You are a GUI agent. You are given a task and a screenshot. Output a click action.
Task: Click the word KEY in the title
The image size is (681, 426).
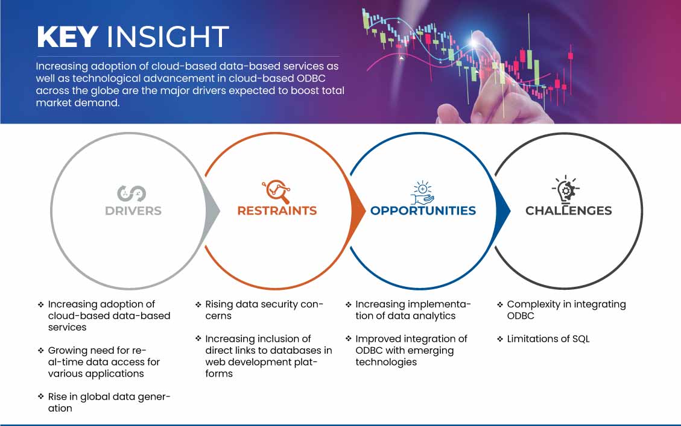[x=67, y=37]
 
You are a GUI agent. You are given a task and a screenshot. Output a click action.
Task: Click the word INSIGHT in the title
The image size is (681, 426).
[x=168, y=37]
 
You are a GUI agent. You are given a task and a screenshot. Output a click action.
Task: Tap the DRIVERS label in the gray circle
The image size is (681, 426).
[x=133, y=211]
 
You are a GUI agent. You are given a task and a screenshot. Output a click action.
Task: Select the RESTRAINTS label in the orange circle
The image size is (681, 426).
[x=277, y=211]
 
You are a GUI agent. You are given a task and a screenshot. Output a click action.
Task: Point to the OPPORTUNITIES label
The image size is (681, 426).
[x=423, y=211]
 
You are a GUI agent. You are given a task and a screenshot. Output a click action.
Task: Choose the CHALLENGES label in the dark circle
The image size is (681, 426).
[x=569, y=211]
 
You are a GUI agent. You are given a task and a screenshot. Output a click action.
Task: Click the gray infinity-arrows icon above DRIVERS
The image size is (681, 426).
[x=131, y=193]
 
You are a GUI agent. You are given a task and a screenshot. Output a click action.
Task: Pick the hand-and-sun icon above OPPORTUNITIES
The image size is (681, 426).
[x=423, y=193]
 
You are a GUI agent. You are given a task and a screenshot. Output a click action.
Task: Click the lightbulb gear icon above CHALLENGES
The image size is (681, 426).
[x=565, y=189]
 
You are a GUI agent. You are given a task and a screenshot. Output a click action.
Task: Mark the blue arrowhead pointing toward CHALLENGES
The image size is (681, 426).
[x=503, y=211]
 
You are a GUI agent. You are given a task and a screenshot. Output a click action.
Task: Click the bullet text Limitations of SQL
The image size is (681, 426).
[x=548, y=339]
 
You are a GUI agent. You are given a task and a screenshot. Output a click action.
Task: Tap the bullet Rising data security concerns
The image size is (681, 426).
[x=264, y=310]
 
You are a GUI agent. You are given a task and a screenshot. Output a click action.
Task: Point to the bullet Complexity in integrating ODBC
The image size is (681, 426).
[x=566, y=310]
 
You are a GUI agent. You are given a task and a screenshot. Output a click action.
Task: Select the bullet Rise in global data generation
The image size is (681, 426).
[x=109, y=403]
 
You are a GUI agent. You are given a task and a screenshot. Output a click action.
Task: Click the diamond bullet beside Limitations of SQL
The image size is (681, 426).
[x=500, y=339]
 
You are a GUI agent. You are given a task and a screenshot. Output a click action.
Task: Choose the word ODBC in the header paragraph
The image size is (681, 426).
[x=311, y=78]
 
